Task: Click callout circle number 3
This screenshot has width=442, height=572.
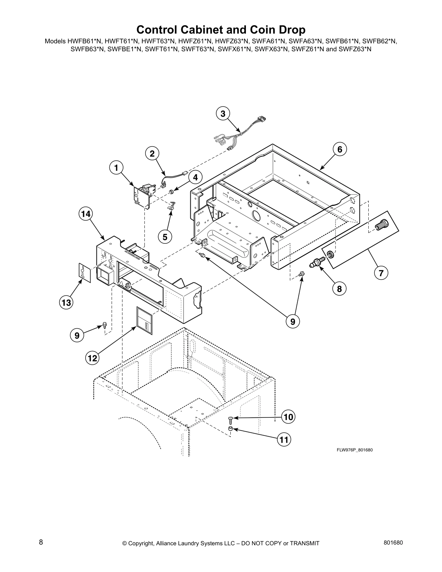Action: click(223, 114)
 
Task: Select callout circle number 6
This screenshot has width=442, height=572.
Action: click(339, 149)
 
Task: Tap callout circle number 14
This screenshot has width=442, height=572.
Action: click(86, 214)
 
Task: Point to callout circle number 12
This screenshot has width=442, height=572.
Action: click(92, 358)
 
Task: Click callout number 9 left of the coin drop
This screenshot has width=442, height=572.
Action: click(77, 335)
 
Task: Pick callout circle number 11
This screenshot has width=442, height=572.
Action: click(284, 439)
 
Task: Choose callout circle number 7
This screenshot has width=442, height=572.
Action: click(381, 273)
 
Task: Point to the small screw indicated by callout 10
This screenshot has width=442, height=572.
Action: click(230, 419)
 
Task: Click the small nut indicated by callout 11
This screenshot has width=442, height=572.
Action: click(230, 429)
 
